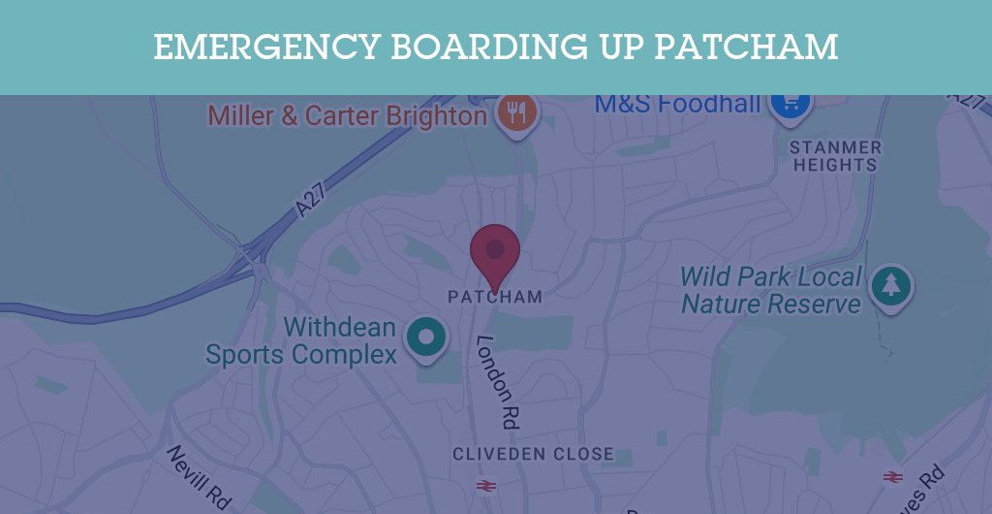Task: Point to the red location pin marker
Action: [x=495, y=252]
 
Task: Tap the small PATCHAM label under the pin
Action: [x=495, y=297]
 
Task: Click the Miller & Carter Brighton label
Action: [x=347, y=116]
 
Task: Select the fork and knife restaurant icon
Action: [x=517, y=113]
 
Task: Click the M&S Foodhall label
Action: [x=677, y=103]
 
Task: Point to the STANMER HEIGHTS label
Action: [x=835, y=156]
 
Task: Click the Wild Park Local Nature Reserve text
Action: [x=771, y=290]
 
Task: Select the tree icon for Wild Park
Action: [x=890, y=284]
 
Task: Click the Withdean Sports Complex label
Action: [x=301, y=340]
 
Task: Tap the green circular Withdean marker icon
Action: [x=424, y=337]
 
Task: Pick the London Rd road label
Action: [x=499, y=382]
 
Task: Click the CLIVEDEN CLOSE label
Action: [x=533, y=454]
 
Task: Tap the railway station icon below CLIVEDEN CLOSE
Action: [x=485, y=485]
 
